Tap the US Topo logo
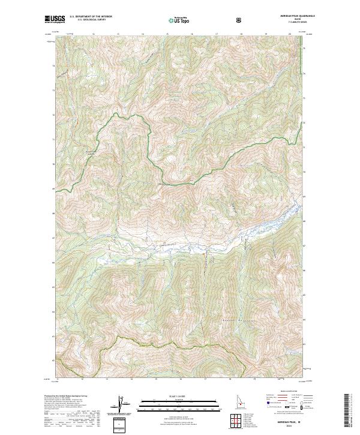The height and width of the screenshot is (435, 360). pos(178,20)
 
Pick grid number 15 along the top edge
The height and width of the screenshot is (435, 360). pos(142,35)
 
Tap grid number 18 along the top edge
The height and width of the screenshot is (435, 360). pos(241,35)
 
